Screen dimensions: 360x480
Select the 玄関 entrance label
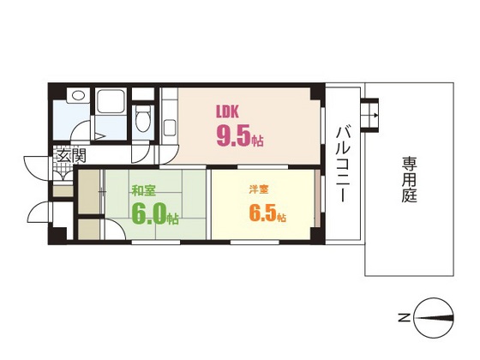click(70, 156)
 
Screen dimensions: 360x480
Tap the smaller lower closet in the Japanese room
click(87, 230)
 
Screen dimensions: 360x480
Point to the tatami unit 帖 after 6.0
click(174, 219)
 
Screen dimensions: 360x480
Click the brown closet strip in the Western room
click(316, 200)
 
